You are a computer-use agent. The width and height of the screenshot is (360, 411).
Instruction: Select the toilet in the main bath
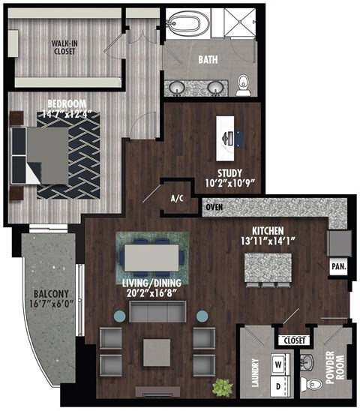click(243, 85)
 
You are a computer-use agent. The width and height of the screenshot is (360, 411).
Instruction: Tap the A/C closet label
click(178, 199)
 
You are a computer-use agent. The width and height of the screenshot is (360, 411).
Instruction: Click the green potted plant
click(222, 387)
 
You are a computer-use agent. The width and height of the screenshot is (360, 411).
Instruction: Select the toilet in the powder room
click(315, 385)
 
